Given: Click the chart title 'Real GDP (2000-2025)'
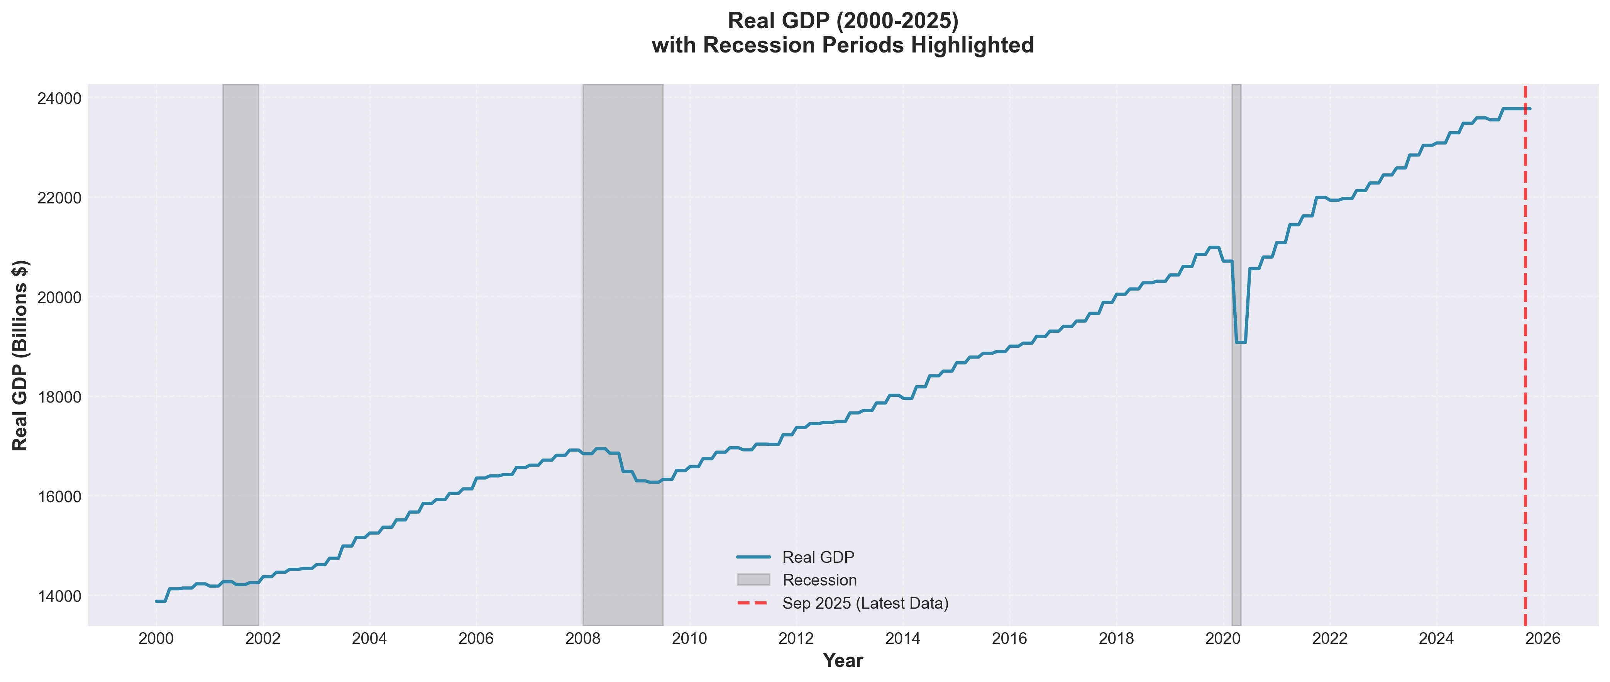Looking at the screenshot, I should click(x=843, y=20).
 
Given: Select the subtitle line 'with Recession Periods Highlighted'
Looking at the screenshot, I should click(x=843, y=46).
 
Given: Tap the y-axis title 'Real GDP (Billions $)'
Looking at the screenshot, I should click(x=20, y=355).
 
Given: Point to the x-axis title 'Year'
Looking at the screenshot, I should click(x=843, y=661).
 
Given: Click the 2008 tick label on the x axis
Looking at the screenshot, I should click(x=582, y=638).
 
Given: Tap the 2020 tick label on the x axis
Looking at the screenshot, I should click(x=1222, y=638).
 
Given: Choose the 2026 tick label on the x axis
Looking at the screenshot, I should click(x=1542, y=638).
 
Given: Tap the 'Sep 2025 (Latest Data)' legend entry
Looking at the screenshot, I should click(x=865, y=603).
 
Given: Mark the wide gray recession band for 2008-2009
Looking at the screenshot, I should click(x=623, y=313).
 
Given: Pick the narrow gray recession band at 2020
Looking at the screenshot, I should click(x=1236, y=188).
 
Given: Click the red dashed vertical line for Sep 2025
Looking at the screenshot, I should click(x=1525, y=375).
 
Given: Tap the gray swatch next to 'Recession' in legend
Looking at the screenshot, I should click(x=753, y=580).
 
